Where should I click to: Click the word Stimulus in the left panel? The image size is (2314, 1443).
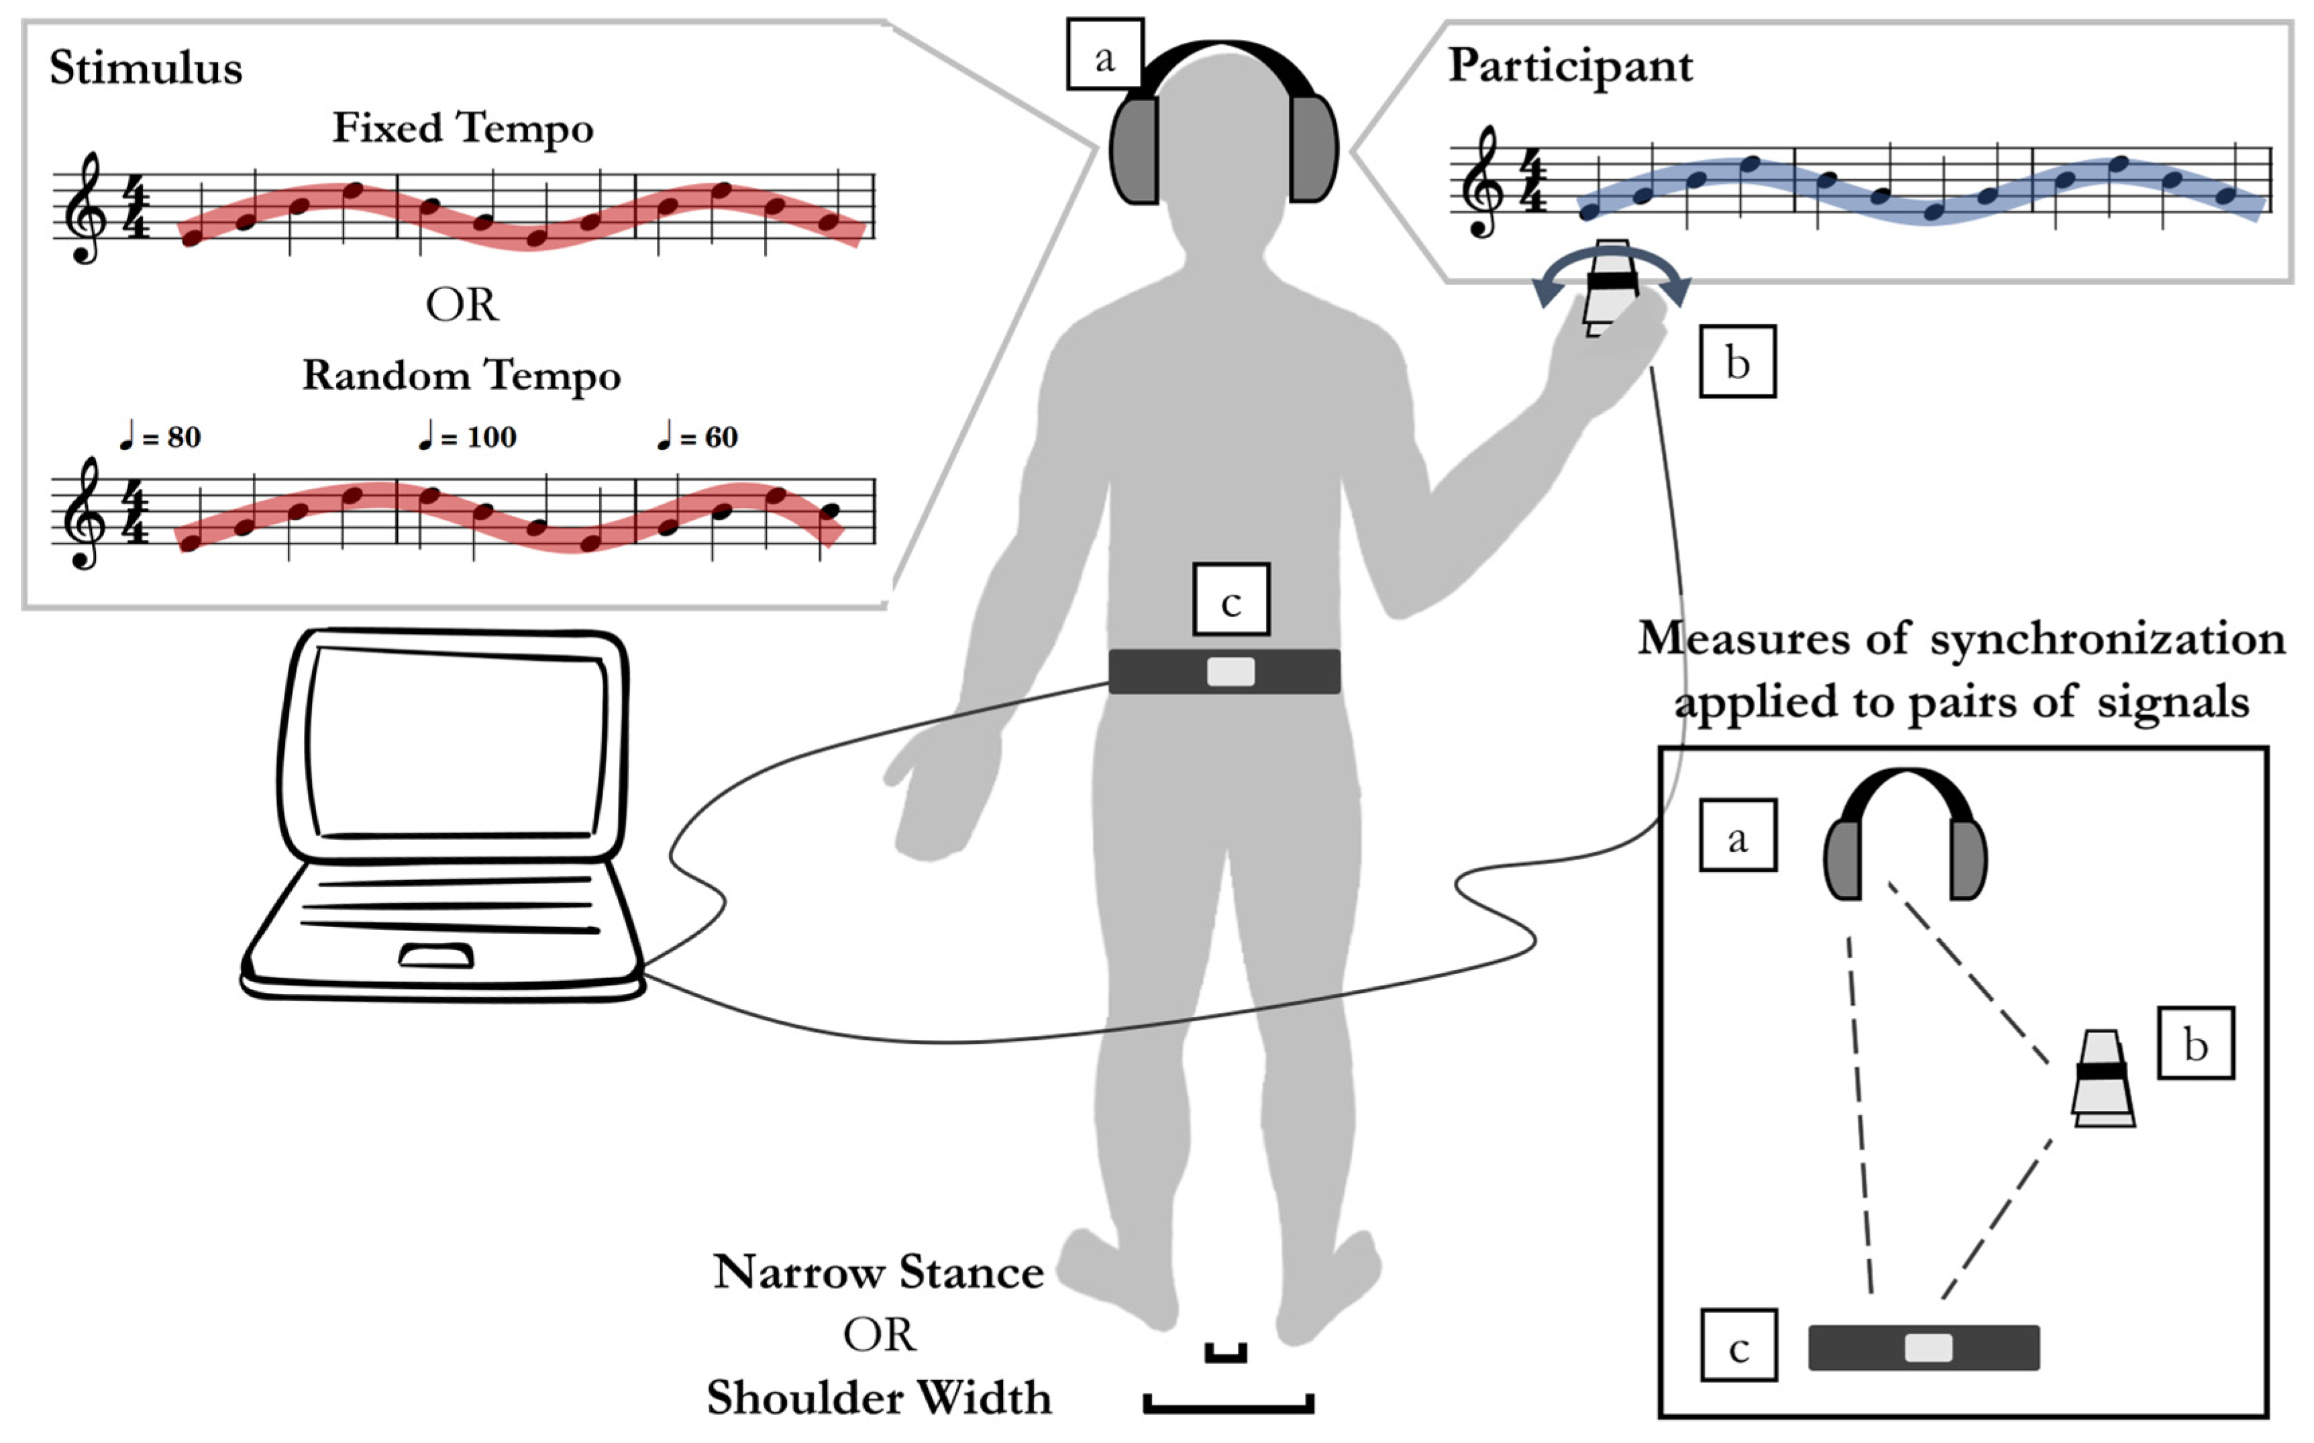(146, 68)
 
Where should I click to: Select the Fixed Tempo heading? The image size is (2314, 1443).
(463, 128)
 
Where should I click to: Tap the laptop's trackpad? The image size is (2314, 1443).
(436, 955)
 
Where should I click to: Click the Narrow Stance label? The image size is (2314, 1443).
(879, 1272)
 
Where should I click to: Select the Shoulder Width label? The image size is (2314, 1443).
(879, 1398)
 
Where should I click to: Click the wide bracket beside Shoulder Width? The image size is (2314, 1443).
(1228, 1404)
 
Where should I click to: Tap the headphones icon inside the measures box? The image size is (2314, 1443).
(1905, 835)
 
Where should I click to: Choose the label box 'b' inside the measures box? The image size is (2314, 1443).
(2196, 1044)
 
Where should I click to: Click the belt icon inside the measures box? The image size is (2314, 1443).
(1924, 1348)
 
